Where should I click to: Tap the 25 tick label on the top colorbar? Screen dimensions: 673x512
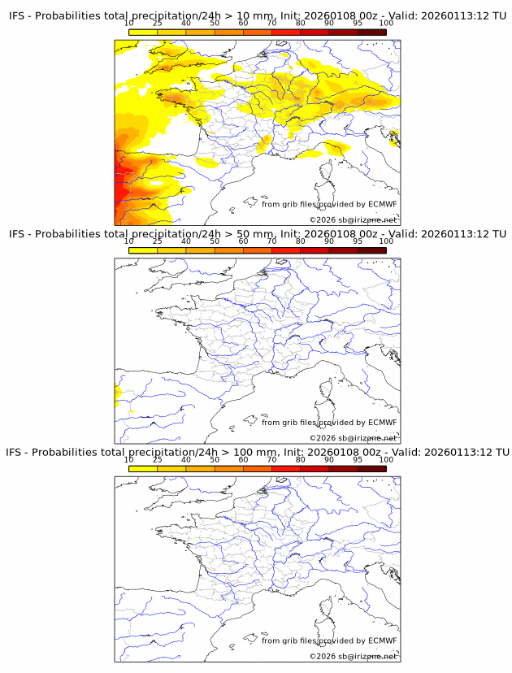click(157, 24)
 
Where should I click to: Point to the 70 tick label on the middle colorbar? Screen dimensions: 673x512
click(271, 242)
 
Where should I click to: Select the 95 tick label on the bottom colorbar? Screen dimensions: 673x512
click(357, 460)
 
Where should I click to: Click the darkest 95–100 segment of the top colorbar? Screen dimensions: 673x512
click(371, 33)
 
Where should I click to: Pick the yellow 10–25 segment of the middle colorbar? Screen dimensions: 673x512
click(143, 250)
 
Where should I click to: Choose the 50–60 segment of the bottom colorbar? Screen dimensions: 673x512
click(228, 468)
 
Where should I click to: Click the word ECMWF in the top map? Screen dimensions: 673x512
click(382, 204)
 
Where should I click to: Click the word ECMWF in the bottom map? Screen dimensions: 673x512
click(382, 640)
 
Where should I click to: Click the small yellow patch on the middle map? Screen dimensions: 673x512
click(117, 397)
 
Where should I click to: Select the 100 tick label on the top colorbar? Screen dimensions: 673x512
click(385, 24)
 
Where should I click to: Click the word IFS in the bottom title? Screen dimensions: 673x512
click(18, 452)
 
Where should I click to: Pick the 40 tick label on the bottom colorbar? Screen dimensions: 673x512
click(185, 460)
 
